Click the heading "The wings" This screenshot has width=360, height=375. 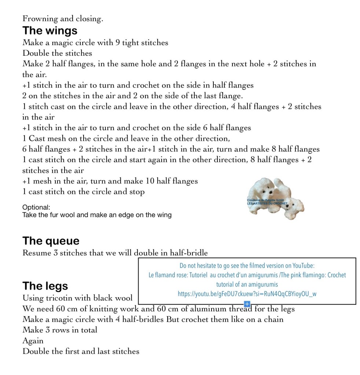pos(50,30)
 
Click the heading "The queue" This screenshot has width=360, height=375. pos(51,241)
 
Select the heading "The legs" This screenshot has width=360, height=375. pos(45,286)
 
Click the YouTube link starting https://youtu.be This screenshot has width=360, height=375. pos(247,294)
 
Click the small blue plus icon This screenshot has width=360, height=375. pos(247,304)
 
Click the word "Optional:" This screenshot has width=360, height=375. pos(36,207)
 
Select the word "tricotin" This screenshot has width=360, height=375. pos(62,298)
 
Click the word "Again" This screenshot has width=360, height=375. pos(33,341)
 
